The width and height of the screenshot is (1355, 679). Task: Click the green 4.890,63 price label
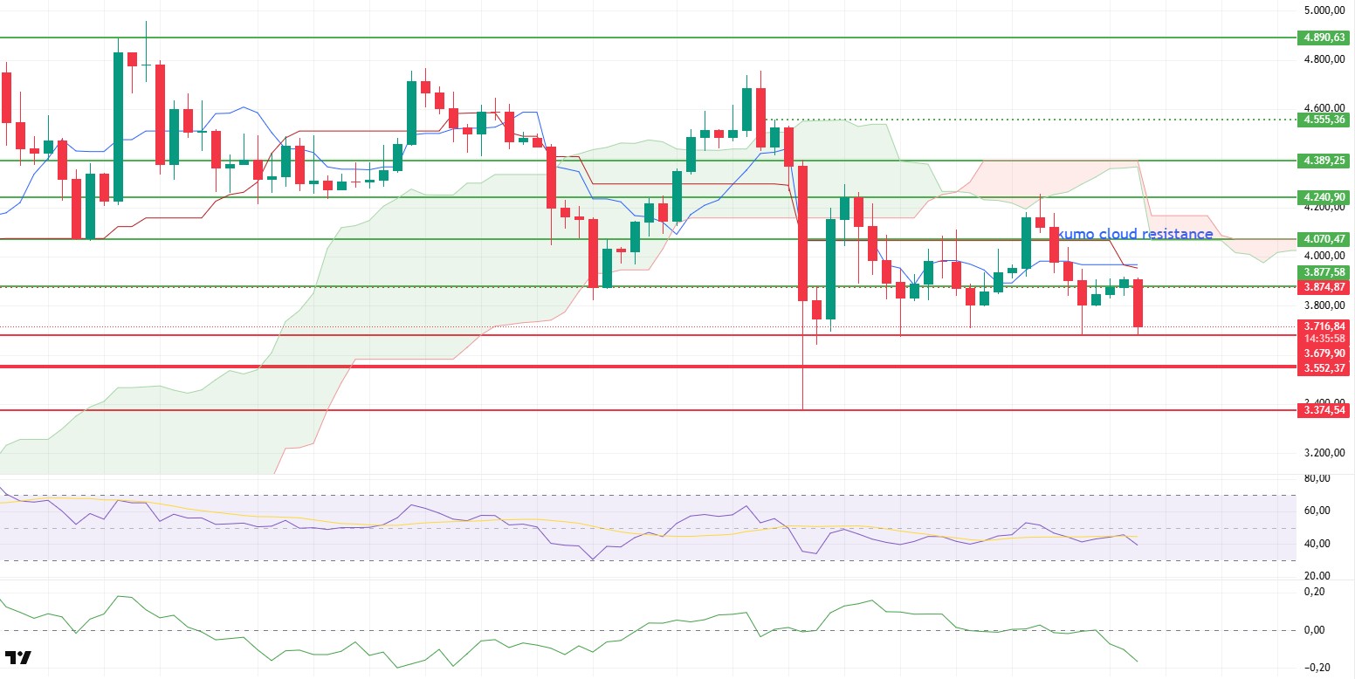tap(1322, 38)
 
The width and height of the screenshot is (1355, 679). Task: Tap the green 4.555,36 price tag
tap(1322, 120)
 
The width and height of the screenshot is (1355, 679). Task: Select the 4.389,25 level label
tap(1322, 161)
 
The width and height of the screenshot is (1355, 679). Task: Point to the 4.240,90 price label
tap(1322, 197)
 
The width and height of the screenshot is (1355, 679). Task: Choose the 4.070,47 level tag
tap(1322, 238)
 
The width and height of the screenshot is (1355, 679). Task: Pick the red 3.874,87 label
tap(1322, 286)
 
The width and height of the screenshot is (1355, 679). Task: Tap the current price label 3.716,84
tap(1322, 326)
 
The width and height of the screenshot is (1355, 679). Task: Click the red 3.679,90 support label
tap(1322, 353)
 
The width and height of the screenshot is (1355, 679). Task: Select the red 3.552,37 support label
tap(1322, 368)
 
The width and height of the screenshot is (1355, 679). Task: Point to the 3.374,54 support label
tap(1322, 410)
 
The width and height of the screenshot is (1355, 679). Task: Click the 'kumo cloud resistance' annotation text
tap(1134, 234)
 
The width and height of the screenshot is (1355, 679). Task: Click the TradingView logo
tap(17, 657)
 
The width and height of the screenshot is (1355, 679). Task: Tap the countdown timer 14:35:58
tap(1322, 338)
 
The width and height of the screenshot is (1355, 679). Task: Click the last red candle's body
tap(1138, 303)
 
